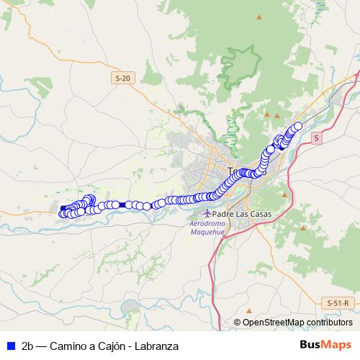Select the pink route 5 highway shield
315,137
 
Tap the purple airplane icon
207,213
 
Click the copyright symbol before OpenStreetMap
238,323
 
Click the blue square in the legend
9,346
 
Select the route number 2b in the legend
29,346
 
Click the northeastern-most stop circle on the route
297,126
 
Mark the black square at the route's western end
63,208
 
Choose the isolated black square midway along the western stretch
122,205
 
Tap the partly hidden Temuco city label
232,171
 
